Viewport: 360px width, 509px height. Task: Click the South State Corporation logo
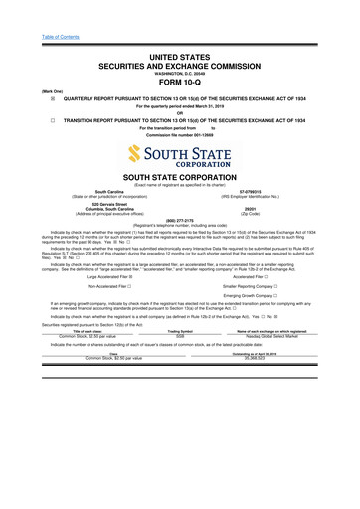point(179,155)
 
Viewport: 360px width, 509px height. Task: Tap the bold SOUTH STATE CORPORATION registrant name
point(179,176)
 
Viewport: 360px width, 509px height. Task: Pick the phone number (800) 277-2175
point(179,222)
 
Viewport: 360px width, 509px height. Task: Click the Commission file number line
point(179,134)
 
